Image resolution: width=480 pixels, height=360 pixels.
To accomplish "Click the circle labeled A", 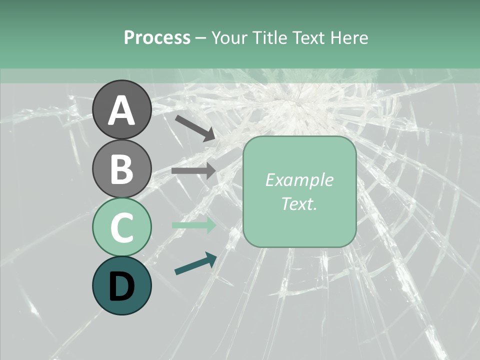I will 121,109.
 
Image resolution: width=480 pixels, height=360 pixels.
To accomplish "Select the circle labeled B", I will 121,168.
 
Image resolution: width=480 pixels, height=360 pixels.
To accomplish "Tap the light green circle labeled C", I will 121,227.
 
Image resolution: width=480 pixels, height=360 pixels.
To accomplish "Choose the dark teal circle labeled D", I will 121,286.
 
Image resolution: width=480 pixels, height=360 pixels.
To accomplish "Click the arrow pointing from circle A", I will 195,128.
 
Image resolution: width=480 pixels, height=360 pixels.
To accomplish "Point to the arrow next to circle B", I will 193,170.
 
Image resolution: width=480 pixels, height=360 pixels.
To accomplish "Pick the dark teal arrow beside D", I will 195,263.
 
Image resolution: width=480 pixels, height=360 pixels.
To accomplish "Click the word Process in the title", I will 157,37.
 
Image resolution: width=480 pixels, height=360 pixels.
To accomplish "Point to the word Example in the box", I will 299,180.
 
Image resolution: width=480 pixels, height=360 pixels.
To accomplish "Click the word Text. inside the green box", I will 299,203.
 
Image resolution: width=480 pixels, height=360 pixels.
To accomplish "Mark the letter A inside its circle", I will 121,110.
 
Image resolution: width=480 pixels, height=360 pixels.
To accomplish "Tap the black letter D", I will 121,286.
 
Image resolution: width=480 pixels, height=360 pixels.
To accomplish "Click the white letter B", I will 121,169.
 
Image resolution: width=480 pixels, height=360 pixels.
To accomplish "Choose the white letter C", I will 121,227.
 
